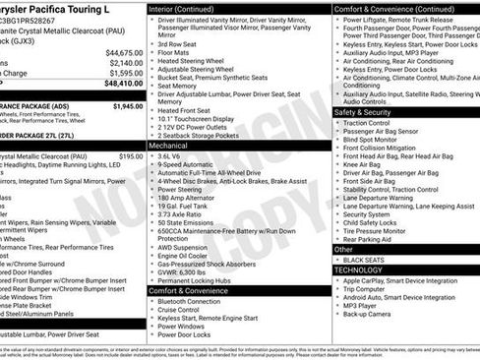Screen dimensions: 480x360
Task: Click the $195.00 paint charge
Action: click(x=130, y=155)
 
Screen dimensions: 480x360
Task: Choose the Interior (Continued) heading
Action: click(x=189, y=8)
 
